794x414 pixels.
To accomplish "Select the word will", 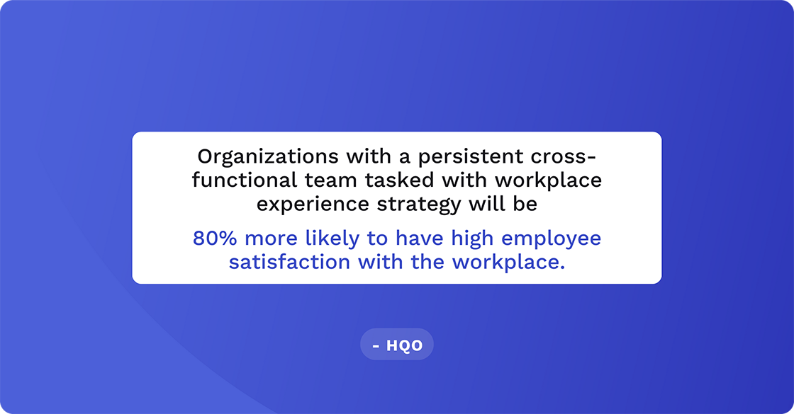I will click(491, 205).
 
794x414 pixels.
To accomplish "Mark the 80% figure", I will click(213, 238).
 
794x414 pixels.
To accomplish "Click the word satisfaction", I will click(290, 263).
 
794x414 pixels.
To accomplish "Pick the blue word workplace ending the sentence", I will click(509, 263).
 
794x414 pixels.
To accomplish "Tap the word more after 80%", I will click(268, 238).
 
